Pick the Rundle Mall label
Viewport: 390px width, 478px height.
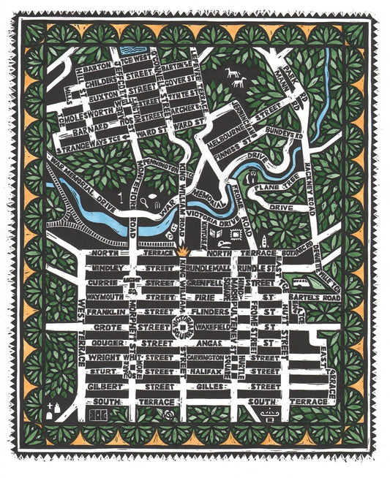(212, 268)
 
